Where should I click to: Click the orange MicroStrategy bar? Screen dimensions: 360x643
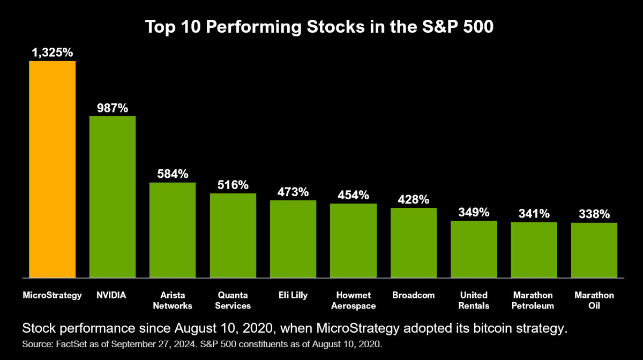[52, 169]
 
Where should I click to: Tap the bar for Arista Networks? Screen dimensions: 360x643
[173, 230]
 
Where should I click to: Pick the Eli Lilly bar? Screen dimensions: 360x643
[293, 239]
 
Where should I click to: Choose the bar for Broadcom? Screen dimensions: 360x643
[413, 243]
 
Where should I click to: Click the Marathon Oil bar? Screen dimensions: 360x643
[594, 250]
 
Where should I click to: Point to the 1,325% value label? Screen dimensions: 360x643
[52, 52]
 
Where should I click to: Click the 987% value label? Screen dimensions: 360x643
[113, 108]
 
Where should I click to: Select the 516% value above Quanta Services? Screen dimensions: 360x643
[233, 185]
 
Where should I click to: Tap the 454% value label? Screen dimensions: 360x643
[353, 195]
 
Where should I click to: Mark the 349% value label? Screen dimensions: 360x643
[474, 212]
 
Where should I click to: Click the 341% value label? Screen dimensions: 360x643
[534, 214]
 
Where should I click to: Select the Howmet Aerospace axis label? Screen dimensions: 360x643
[353, 301]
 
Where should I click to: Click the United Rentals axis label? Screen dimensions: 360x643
[474, 301]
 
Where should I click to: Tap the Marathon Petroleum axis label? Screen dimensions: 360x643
[534, 301]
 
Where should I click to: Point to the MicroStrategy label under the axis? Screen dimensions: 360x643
[52, 295]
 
